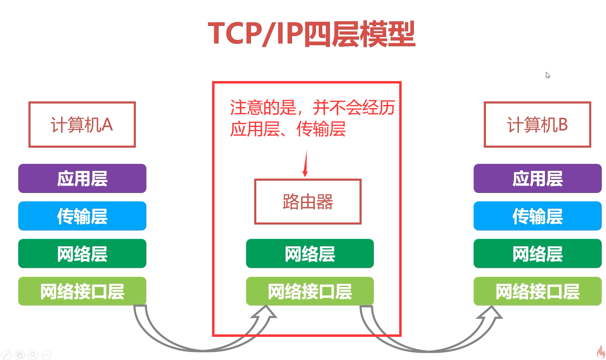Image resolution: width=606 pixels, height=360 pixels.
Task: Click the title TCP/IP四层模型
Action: click(311, 34)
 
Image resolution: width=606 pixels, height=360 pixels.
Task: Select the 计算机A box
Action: click(82, 125)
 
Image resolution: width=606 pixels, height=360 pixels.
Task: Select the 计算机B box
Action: click(537, 125)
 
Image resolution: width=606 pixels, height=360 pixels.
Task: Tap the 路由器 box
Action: click(308, 202)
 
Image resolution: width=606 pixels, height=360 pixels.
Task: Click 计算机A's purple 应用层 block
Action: click(82, 179)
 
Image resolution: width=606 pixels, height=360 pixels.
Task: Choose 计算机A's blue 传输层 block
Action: click(82, 216)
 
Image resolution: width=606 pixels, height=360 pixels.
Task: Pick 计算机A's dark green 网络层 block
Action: click(82, 254)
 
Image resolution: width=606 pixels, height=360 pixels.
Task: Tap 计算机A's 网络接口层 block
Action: click(82, 291)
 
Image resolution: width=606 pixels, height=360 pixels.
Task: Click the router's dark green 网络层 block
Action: click(310, 254)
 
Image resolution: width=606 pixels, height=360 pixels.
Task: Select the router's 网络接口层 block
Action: click(310, 291)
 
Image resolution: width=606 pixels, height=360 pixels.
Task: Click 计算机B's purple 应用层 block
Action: click(537, 179)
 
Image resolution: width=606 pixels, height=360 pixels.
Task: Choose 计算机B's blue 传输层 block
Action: click(537, 216)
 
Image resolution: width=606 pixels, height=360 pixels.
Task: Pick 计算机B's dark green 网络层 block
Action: click(537, 254)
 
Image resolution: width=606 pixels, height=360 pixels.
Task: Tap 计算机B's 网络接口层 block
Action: click(537, 291)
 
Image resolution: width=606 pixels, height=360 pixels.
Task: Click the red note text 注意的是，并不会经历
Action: click(312, 108)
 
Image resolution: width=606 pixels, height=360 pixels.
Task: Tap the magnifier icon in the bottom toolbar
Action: click(33, 355)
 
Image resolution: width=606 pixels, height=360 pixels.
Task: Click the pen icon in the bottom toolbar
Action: click(6, 355)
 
